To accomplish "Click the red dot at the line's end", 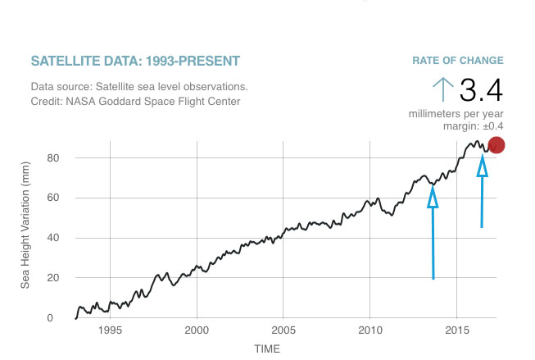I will pos(496,146).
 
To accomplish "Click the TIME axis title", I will pos(267,349).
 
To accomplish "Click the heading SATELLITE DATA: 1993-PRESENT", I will pos(135,62).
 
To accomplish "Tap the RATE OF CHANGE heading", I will pos(457,61).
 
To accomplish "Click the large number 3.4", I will pos(481,89).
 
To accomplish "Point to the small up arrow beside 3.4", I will pos(442,89).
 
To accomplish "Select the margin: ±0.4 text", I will pos(473,125).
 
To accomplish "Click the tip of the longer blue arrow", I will pos(433,188).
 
